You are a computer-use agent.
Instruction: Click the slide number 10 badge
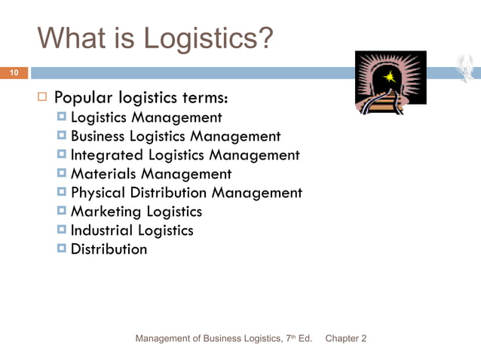coord(14,73)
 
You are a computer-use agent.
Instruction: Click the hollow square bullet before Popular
coord(42,98)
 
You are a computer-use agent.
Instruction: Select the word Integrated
coord(106,155)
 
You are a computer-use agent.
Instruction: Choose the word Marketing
coord(103,212)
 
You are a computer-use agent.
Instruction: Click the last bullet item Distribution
coord(109,249)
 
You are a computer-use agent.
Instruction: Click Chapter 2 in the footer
coord(345,339)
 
